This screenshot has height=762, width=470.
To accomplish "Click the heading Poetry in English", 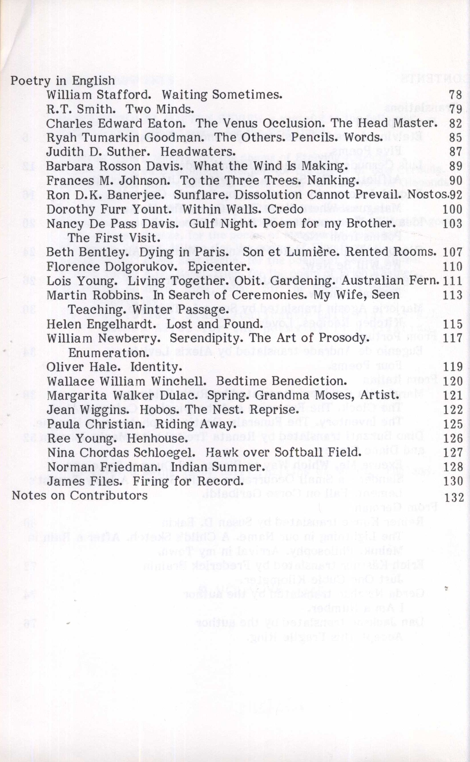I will pos(62,81).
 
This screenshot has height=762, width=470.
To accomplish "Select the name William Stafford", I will pos(98,95).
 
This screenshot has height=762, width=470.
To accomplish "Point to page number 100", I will pos(452,209).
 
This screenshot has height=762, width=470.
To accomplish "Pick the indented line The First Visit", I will pos(114,238).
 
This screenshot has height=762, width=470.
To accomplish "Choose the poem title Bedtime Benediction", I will pos(281,381).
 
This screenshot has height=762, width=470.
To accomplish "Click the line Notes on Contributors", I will pos(80,495).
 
